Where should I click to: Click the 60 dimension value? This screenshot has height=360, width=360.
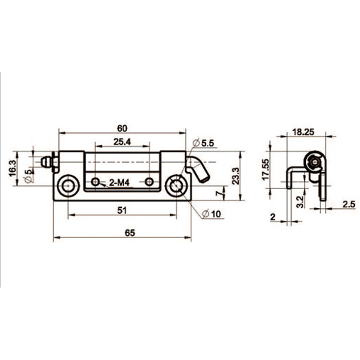pos(122,128)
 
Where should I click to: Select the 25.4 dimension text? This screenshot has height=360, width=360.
pos(122,142)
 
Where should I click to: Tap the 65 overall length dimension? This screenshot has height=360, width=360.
pos(130,233)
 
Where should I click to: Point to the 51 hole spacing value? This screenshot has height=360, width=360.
pos(122,210)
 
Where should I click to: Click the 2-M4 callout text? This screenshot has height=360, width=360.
pos(119,183)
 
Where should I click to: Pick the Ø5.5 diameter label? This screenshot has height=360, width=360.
pos(204,143)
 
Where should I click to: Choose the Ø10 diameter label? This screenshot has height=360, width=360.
pos(212,214)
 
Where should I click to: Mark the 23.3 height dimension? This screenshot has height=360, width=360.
pos(236,176)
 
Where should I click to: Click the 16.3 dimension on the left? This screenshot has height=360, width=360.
pos(12,168)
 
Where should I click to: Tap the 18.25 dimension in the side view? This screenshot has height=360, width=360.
pos(303,132)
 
